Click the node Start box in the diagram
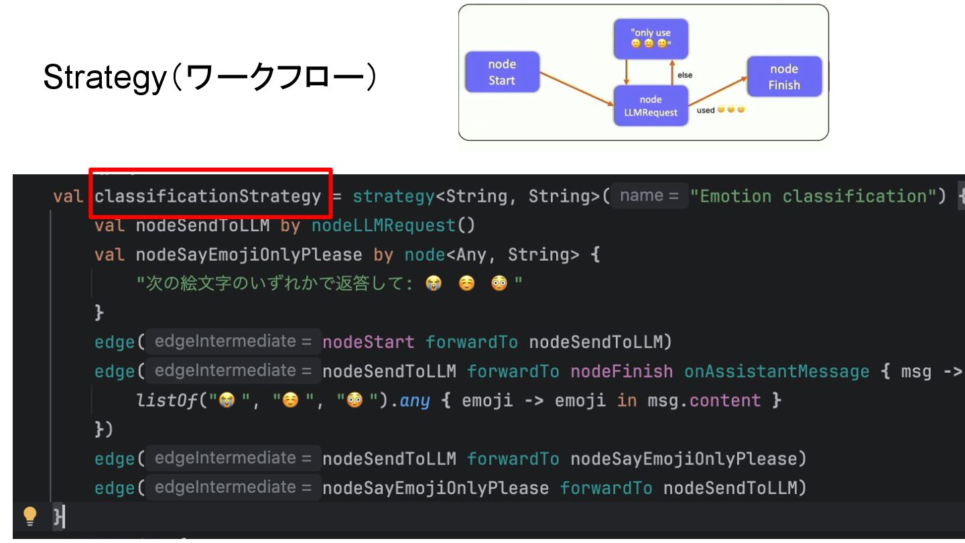(x=502, y=72)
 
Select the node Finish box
(x=784, y=77)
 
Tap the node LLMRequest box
(x=650, y=106)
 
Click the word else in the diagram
(x=684, y=76)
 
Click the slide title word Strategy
(x=104, y=79)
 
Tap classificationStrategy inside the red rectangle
(x=208, y=196)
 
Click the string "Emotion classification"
(x=818, y=196)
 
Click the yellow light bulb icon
(x=29, y=515)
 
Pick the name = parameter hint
(x=649, y=196)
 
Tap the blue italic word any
(x=415, y=401)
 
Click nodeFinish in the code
(x=621, y=371)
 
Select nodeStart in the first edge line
(x=368, y=343)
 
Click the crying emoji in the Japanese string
(x=434, y=284)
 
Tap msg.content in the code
(x=703, y=401)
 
